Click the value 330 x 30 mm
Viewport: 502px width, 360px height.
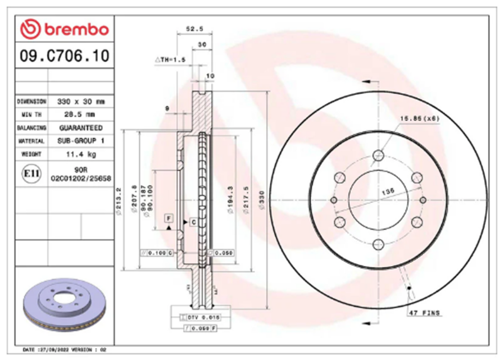pos(81,101)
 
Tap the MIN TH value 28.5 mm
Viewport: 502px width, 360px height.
pos(81,114)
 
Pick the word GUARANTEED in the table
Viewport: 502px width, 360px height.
pos(81,128)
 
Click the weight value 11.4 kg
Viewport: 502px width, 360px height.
pos(81,154)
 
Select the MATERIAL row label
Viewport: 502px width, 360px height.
pos(31,141)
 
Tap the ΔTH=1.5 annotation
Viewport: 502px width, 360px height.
pos(171,60)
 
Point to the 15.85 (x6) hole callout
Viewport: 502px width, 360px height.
pos(419,118)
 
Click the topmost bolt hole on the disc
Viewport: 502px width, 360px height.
pos(378,156)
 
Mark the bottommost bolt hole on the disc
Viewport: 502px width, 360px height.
pos(378,244)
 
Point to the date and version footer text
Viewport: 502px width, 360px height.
pos(65,350)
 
